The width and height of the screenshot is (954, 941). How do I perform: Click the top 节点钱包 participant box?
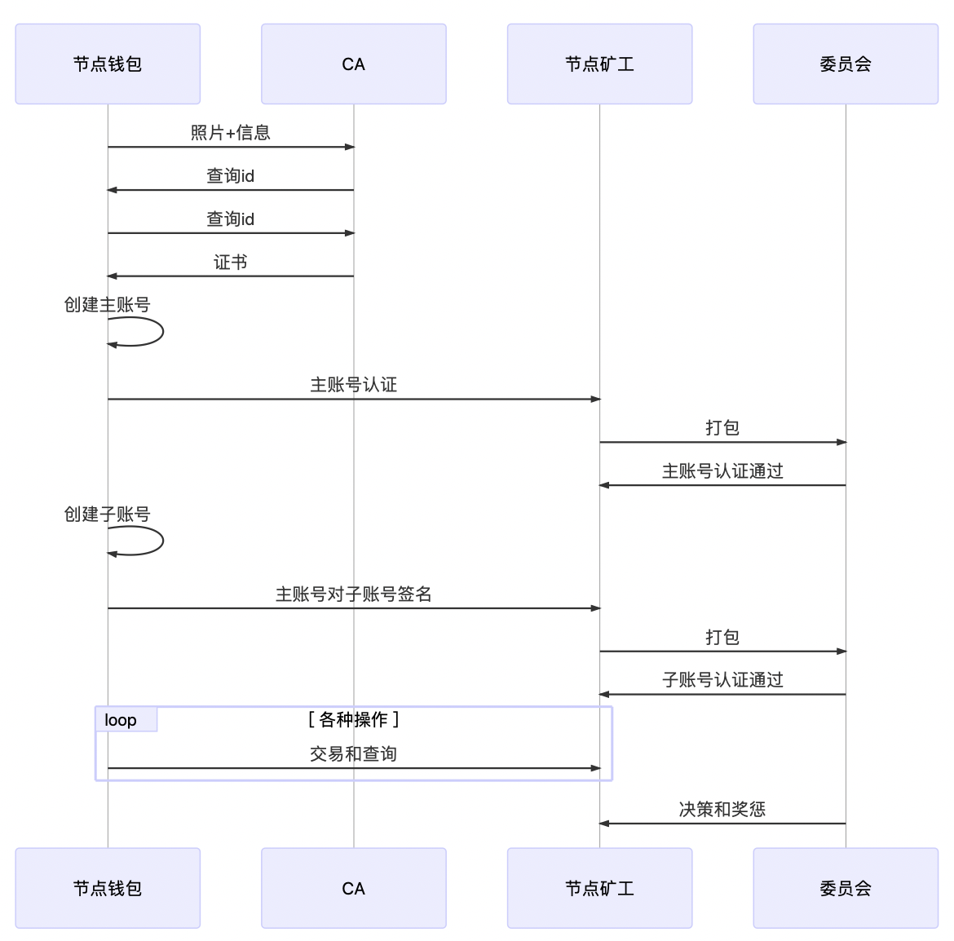coord(108,64)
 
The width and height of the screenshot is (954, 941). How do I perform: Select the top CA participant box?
coord(353,64)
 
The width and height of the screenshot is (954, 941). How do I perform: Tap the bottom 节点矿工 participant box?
coord(599,888)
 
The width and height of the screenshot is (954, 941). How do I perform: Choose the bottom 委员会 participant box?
coord(846,888)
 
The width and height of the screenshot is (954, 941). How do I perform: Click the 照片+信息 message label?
coord(230,133)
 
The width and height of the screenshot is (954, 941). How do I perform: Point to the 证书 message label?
coord(230,262)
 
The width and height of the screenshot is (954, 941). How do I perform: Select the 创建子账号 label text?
coord(108,515)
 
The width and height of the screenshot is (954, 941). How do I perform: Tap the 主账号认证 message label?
coord(353,385)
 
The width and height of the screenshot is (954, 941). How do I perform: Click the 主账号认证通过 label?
coord(722,471)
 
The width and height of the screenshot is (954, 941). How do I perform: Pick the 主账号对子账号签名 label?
coord(353,594)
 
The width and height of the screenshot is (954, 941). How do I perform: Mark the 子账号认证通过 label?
coord(722,680)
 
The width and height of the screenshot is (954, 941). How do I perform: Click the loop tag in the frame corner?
coord(121,720)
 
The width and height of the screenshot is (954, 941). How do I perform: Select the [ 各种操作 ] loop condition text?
coord(353,719)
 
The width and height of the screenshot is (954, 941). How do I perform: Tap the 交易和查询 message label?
coord(353,754)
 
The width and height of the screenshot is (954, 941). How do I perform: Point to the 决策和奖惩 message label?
coord(722,810)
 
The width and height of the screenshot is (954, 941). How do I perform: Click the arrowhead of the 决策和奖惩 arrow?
coord(604,824)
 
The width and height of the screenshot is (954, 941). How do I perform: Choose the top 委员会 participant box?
coord(846,64)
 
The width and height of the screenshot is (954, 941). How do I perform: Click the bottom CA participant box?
coord(353,888)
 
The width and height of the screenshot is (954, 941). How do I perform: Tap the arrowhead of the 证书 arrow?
coord(113,276)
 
